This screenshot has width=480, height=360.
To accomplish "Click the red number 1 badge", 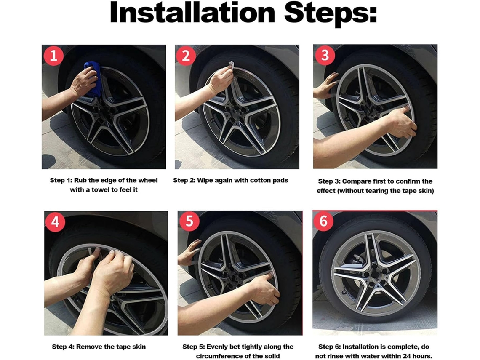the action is click(53, 56).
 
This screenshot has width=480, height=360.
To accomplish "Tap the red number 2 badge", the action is click(186, 56).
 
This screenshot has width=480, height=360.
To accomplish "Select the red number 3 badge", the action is click(325, 55).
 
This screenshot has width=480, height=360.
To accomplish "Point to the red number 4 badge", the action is click(56, 221).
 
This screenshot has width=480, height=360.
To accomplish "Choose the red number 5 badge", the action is click(189, 221).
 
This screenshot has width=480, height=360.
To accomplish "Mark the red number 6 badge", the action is click(323, 221).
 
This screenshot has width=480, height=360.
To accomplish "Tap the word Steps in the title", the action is click(331, 13).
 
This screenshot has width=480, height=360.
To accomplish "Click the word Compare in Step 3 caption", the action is click(355, 181).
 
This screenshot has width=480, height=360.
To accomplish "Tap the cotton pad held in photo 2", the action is click(231, 65).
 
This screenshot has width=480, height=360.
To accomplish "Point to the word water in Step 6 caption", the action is click(368, 356).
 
